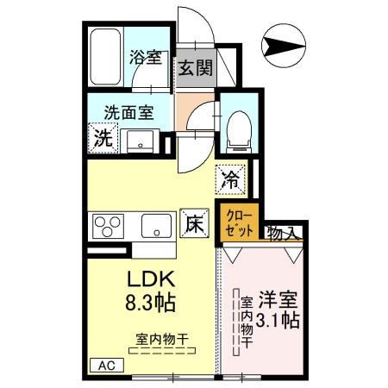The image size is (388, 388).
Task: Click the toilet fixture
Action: pos(236,127)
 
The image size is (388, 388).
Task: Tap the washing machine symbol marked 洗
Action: pos(103,136)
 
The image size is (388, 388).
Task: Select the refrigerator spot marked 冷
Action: pos(231,179)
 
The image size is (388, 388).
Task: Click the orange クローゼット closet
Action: pos(239,222)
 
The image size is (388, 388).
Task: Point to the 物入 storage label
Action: pos(282,233)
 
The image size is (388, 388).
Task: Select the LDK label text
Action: pos(152,282)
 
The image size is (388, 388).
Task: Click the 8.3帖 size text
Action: pos(152,304)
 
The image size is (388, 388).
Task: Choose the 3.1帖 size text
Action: pos(278,321)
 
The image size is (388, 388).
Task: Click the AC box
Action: pos(103,366)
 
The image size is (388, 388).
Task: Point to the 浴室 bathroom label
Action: pos(145,59)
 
